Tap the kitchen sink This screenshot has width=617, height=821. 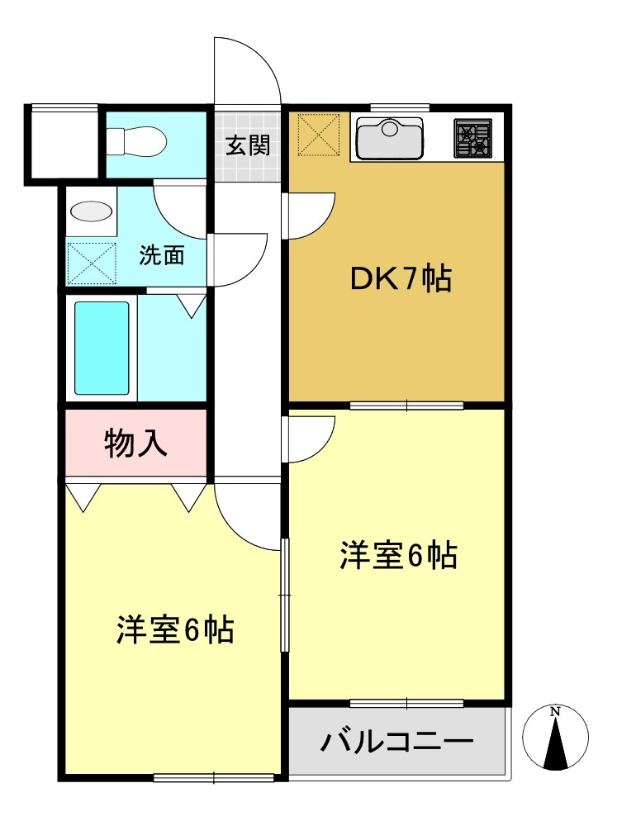click(389, 138)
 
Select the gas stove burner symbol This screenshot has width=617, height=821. click(473, 138)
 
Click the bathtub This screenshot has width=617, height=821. click(102, 348)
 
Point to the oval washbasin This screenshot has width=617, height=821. click(91, 211)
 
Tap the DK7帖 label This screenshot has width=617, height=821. click(401, 280)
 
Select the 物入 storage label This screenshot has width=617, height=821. click(136, 444)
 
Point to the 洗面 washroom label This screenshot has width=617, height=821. click(161, 255)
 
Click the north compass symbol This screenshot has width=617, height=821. click(556, 738)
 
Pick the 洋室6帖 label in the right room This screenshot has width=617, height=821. click(398, 556)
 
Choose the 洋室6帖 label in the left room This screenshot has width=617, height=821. click(174, 630)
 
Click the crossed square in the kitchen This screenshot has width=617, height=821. click(319, 135)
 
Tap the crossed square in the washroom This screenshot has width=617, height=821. click(92, 263)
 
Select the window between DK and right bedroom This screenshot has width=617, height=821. click(406, 405)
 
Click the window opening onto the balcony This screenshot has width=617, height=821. click(406, 703)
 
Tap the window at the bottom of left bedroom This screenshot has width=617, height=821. click(214, 776)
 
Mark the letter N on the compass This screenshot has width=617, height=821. click(556, 711)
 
